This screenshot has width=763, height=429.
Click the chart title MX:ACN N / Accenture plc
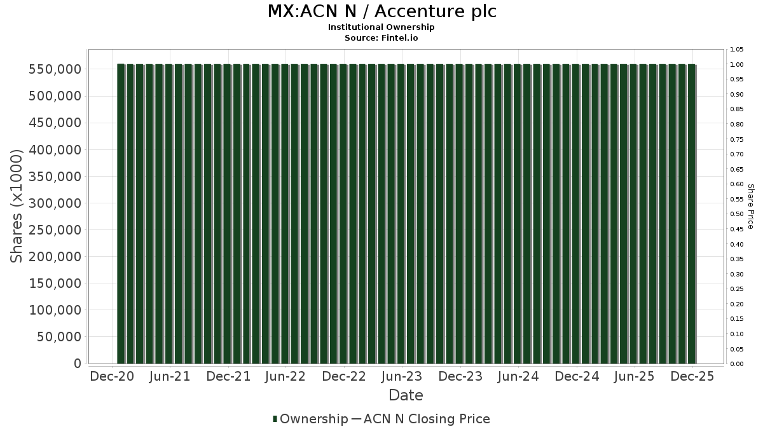[381, 11]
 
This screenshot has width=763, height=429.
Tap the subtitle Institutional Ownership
[381, 27]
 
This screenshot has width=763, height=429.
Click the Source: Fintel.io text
[381, 37]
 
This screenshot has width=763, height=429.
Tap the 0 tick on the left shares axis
[78, 364]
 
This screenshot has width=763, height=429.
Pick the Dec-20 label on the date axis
[111, 376]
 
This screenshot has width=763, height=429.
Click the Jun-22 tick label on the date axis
[285, 376]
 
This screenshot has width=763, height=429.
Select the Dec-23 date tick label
[460, 376]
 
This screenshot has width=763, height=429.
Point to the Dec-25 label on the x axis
[692, 376]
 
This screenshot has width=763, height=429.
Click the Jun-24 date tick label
[518, 376]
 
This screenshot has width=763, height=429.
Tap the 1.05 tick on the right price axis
[737, 50]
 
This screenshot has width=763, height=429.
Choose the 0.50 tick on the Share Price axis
[737, 214]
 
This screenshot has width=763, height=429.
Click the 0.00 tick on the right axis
[737, 364]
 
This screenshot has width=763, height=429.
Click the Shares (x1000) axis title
[17, 205]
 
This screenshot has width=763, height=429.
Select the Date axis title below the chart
[406, 395]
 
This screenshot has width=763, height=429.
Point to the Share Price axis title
[750, 207]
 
